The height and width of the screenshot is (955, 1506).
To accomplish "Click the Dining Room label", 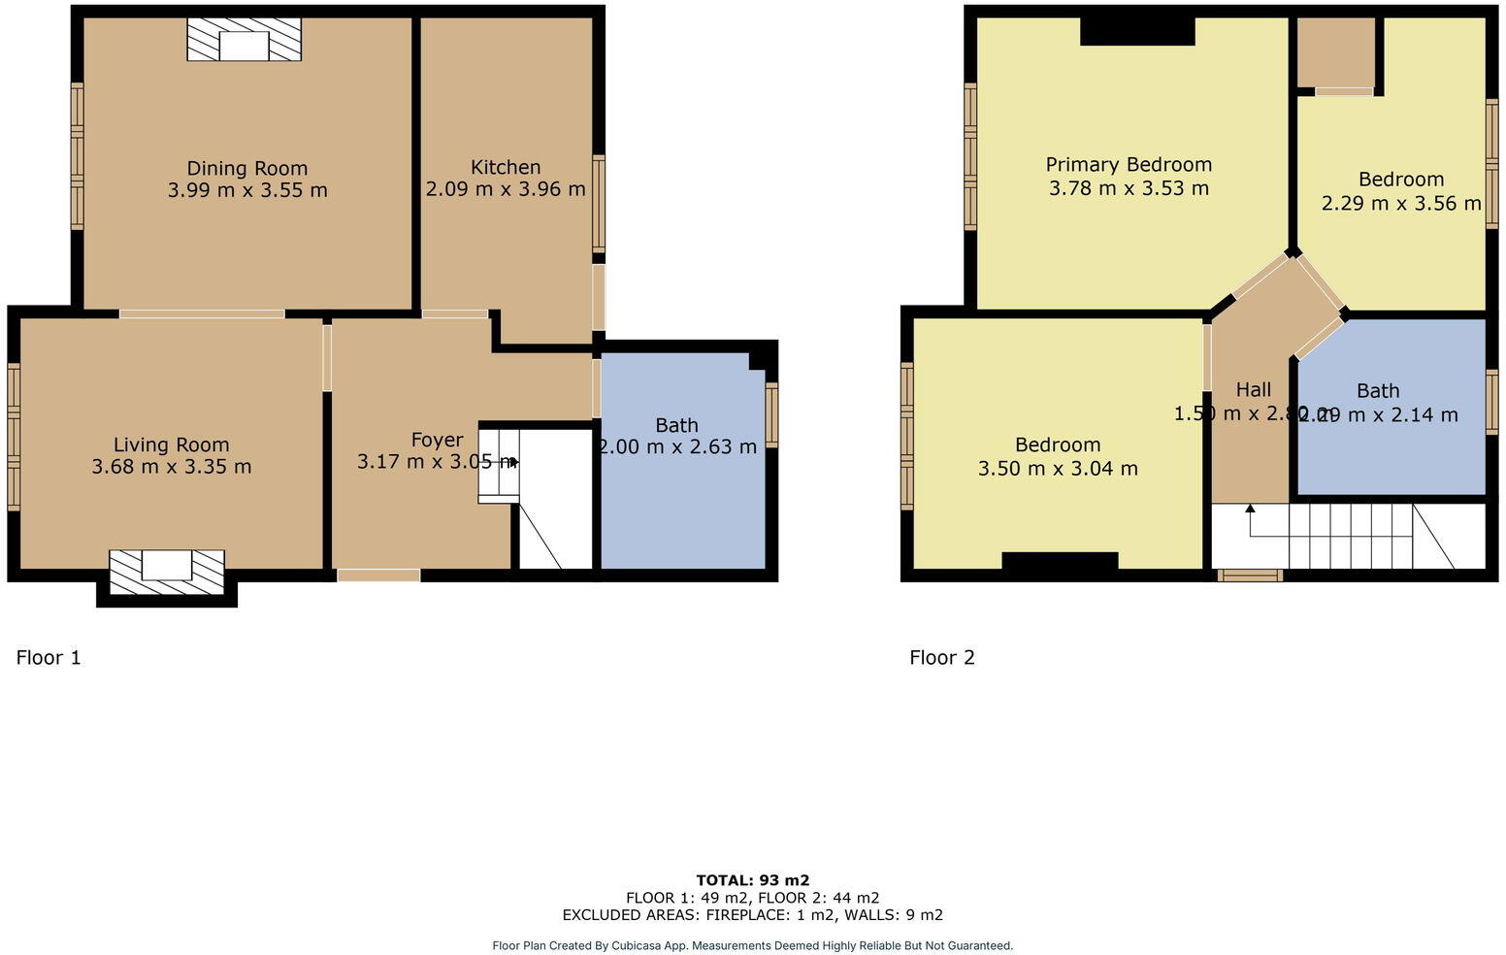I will (246, 169).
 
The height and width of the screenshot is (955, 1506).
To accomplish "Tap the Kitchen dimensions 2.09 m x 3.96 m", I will (506, 189).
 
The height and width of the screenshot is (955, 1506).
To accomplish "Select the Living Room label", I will (171, 445).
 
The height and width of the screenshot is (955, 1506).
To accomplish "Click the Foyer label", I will (437, 441).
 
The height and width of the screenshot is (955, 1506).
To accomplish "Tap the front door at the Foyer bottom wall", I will (378, 576).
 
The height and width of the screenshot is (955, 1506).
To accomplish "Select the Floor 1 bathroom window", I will (771, 414).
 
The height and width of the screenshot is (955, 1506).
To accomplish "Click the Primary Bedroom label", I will (1129, 165).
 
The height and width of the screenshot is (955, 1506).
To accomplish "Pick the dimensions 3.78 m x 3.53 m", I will (1129, 188).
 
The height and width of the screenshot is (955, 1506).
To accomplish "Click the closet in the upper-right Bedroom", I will (1336, 53).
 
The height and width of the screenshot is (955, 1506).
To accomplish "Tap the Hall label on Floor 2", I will (1253, 390).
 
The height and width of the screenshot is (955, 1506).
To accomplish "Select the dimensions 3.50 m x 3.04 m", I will (1058, 469).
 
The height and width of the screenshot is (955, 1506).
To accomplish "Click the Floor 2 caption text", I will (941, 658).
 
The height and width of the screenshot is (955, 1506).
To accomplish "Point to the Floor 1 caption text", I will (49, 658).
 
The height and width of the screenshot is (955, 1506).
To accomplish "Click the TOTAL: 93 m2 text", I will (752, 881).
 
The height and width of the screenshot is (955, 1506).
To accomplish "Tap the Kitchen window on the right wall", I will (599, 204).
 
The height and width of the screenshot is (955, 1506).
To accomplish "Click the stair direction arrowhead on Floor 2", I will (1250, 509).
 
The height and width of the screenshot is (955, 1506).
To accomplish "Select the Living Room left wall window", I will (14, 437).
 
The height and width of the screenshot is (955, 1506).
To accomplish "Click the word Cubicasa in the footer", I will (637, 945).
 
